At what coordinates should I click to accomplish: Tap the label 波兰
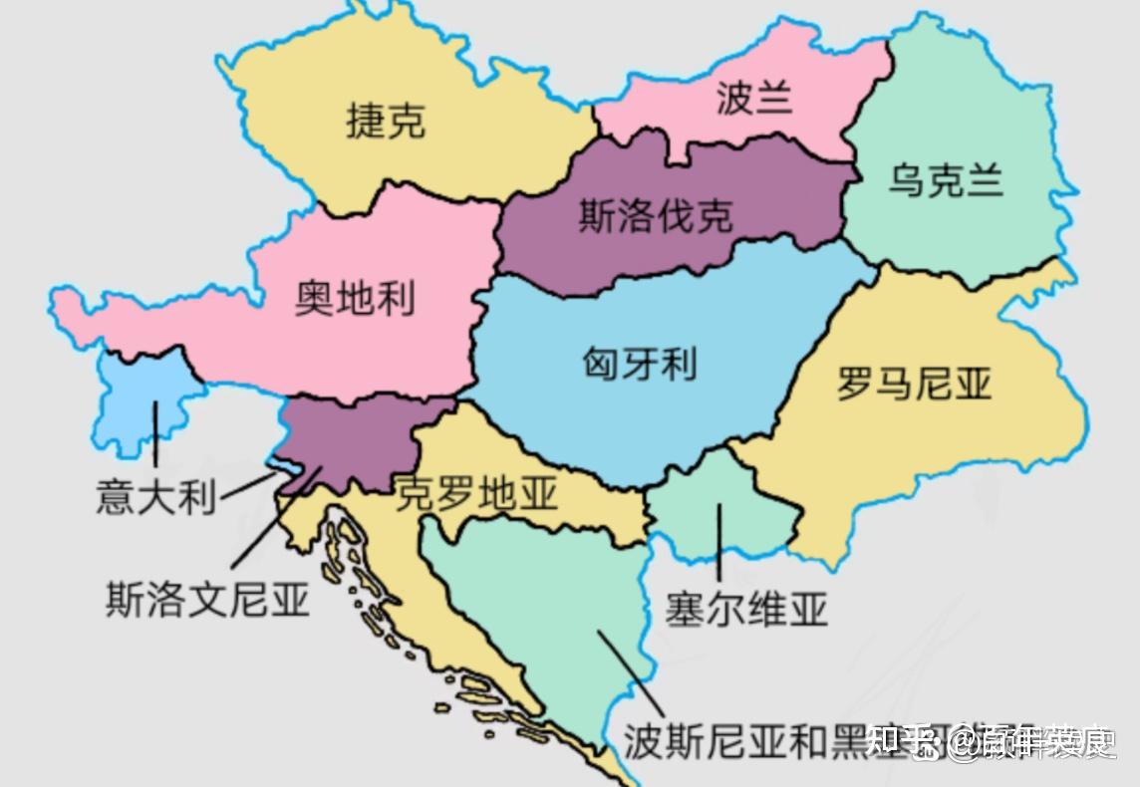(x=753, y=98)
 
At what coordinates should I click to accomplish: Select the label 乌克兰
(x=946, y=181)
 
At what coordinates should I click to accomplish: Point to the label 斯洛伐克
(x=656, y=215)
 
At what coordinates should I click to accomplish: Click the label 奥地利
(x=355, y=297)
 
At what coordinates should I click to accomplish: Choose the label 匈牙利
(x=639, y=363)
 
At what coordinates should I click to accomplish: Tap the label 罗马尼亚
(x=914, y=383)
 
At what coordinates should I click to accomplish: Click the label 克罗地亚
(x=476, y=493)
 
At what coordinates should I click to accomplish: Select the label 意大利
(x=155, y=496)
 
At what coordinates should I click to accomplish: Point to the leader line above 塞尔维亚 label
(x=718, y=542)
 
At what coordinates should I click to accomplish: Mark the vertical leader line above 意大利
(x=154, y=434)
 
